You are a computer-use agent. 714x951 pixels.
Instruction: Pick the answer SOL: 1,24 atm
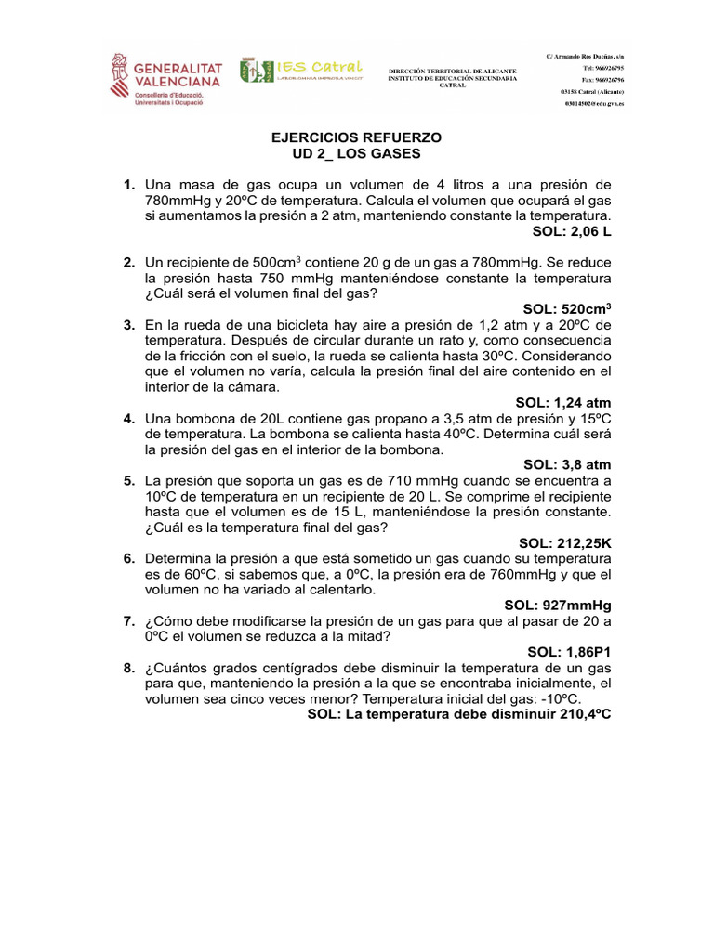click(x=563, y=402)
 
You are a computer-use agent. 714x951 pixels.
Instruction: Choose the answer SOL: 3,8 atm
click(x=567, y=464)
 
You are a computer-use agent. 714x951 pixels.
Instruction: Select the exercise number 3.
click(x=129, y=324)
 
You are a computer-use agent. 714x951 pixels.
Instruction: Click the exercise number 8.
click(x=129, y=668)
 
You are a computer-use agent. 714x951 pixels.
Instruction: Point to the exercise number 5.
click(x=129, y=480)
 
